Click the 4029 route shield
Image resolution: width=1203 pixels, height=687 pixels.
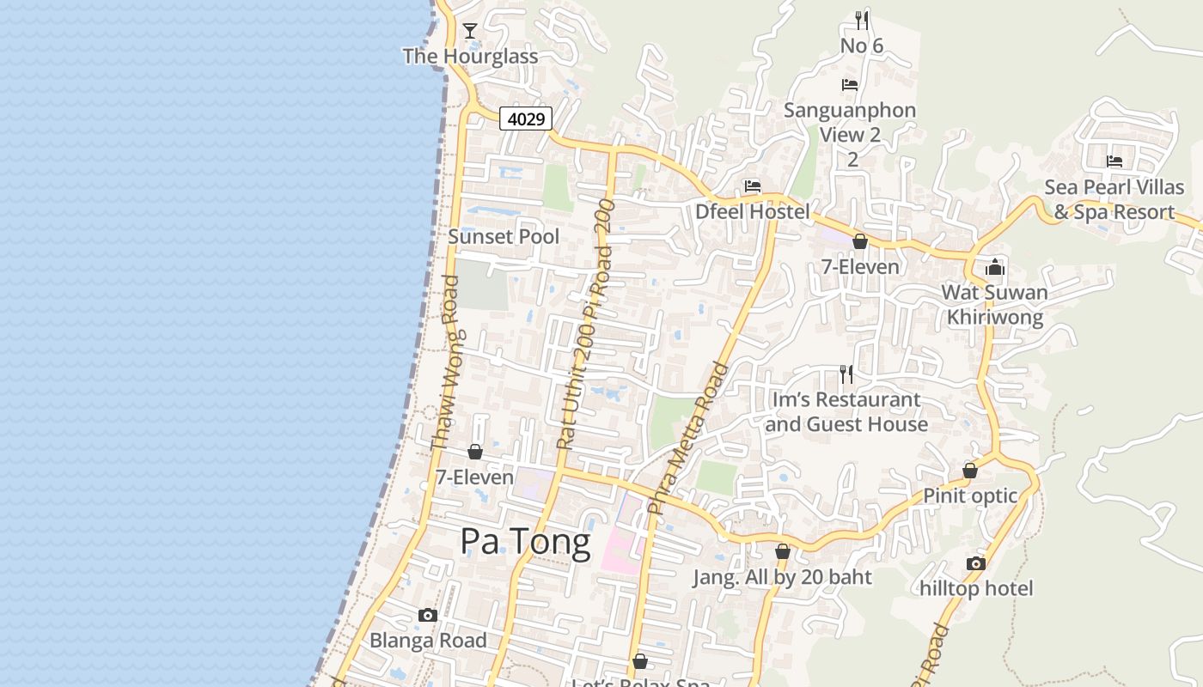coord(526,119)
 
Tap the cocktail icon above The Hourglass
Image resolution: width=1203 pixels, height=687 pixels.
coord(470,32)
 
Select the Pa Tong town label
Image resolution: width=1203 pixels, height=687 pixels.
coord(525,542)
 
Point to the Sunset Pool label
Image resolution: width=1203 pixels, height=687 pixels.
coord(504,236)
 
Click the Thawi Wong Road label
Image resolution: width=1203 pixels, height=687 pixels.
coord(445,362)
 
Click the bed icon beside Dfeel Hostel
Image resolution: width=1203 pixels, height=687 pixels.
coord(753,185)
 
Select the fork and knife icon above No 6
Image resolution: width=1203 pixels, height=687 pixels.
coord(862,20)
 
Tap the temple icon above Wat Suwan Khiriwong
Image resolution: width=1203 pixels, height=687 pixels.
coord(995,267)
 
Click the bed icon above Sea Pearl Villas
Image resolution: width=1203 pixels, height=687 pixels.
coord(1114,161)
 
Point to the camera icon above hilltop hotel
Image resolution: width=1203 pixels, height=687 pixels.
coord(975,563)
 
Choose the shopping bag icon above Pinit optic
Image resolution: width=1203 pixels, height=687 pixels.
coord(970,471)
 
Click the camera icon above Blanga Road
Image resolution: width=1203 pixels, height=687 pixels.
coord(427,615)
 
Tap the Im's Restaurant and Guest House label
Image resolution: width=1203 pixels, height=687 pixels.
coord(846,411)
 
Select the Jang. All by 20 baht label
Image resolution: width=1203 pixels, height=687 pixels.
coord(783,577)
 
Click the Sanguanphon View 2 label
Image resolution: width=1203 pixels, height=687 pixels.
coord(850,122)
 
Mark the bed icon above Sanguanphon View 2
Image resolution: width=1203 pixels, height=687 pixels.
coord(850,85)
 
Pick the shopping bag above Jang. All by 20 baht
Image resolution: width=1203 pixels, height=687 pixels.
coord(782,551)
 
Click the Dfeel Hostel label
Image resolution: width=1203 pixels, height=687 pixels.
coord(753,211)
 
